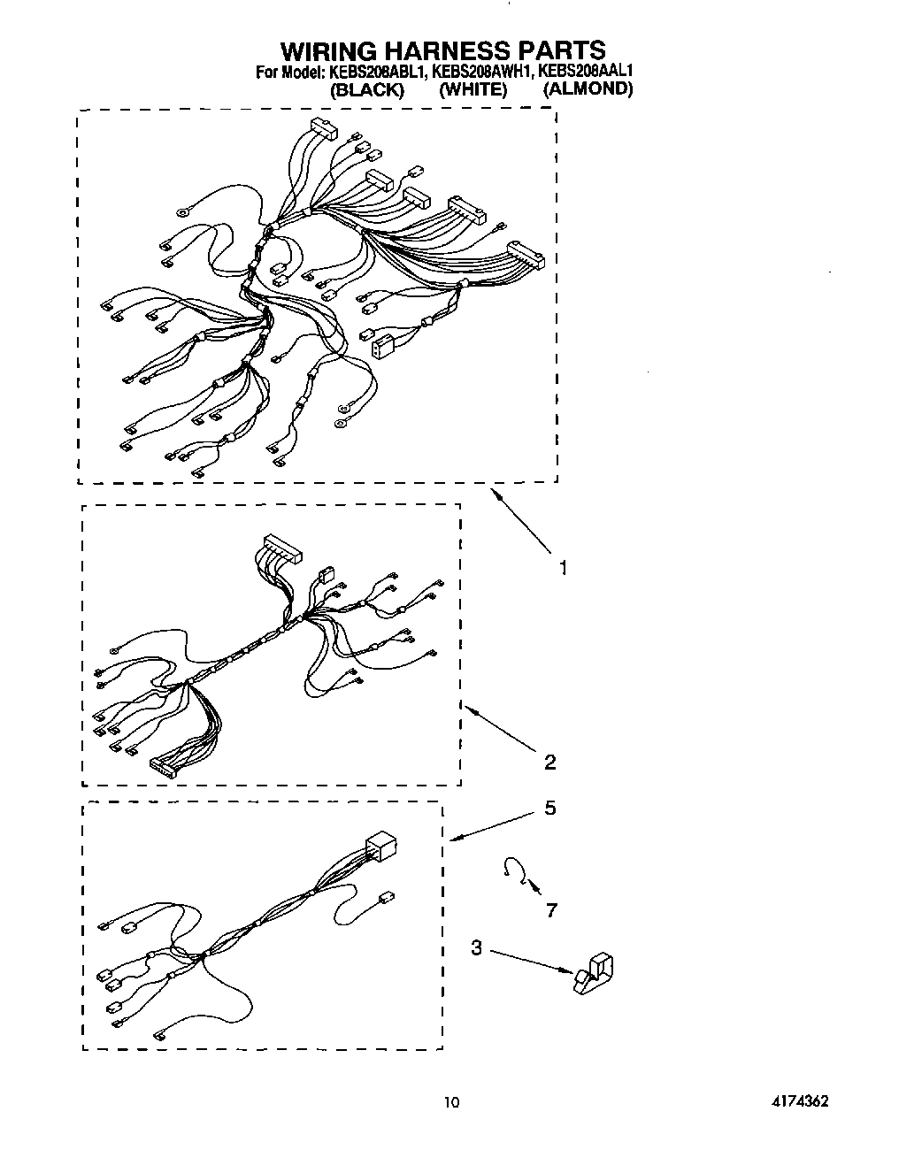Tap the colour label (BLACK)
tap(366, 89)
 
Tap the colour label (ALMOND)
tap(588, 88)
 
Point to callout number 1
tap(563, 567)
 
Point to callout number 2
tap(550, 762)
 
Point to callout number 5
tap(550, 808)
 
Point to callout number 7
tap(551, 909)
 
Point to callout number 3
tap(477, 948)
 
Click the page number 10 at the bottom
tap(452, 1102)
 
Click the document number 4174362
tap(799, 1101)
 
